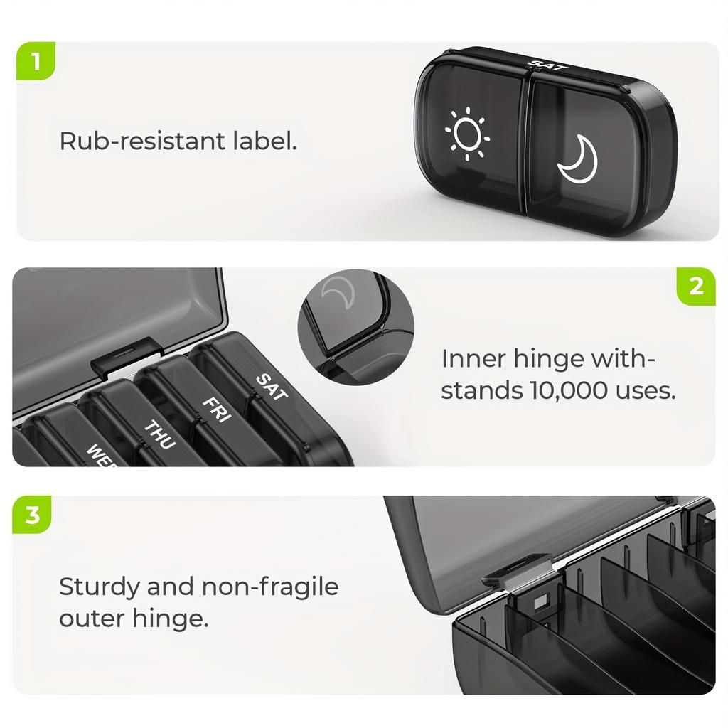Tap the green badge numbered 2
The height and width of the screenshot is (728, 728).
[696, 287]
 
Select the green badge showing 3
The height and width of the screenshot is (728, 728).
[33, 515]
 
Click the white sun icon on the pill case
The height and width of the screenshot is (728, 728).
[467, 133]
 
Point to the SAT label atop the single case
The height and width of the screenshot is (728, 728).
[550, 65]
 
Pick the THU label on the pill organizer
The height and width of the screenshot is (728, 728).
[159, 434]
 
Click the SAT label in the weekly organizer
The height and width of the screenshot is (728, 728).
[269, 387]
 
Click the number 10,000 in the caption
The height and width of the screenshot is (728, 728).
[556, 391]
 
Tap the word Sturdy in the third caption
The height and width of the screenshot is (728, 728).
[98, 587]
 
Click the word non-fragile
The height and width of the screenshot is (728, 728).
[271, 587]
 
